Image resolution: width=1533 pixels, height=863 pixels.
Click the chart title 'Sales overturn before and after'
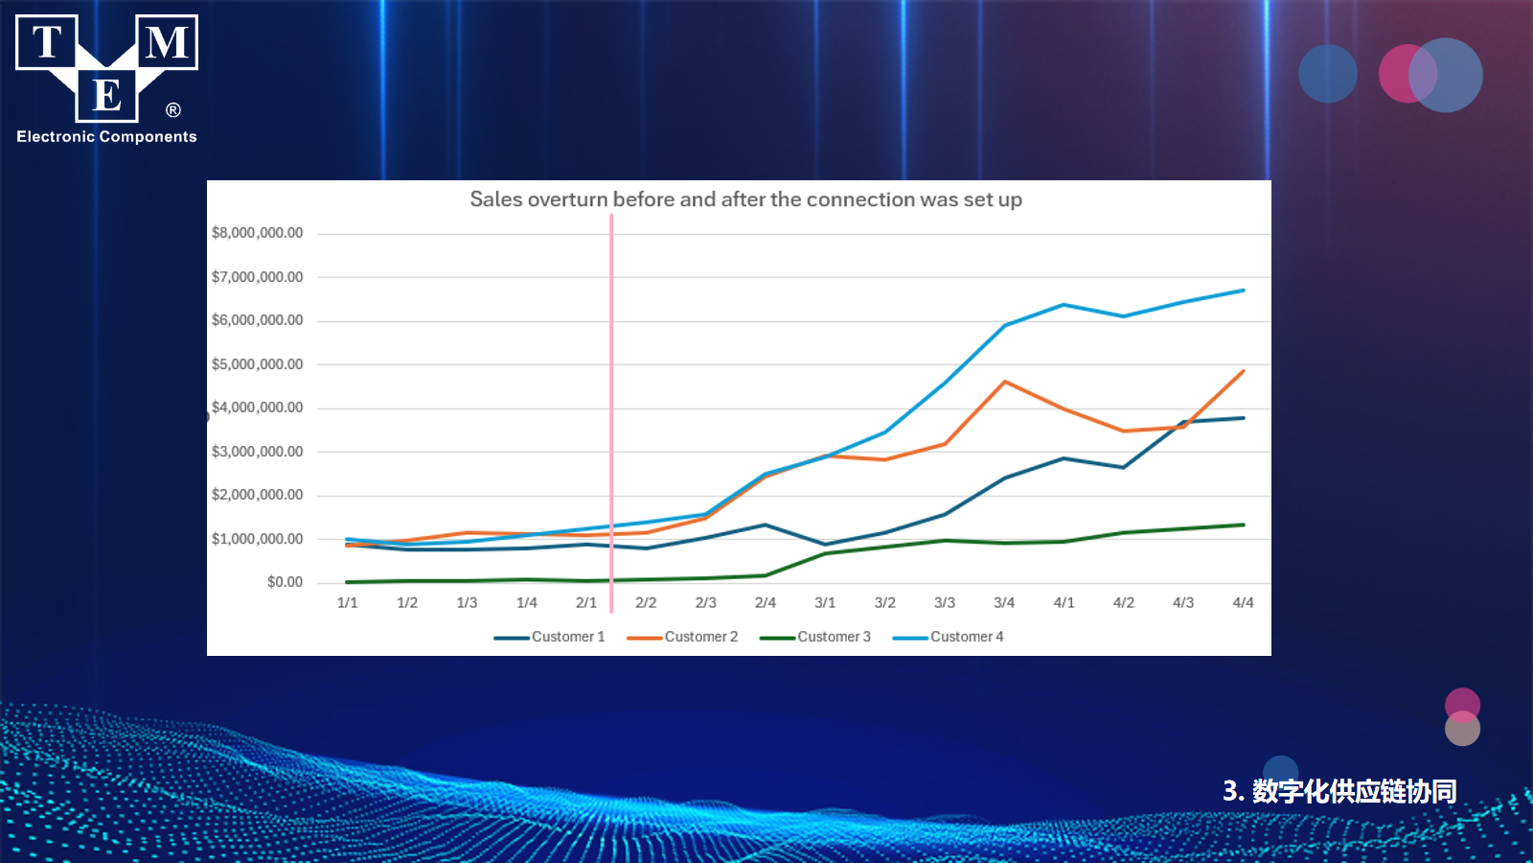click(x=745, y=199)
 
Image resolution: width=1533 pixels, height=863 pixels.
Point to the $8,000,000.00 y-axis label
click(x=257, y=233)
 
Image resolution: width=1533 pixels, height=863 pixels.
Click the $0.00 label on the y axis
click(x=285, y=582)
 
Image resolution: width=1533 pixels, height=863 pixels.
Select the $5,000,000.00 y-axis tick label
click(x=257, y=364)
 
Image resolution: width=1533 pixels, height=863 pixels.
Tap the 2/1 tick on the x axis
click(x=586, y=603)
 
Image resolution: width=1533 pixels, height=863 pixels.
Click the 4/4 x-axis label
click(x=1243, y=603)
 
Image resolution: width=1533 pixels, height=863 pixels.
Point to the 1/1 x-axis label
click(x=347, y=603)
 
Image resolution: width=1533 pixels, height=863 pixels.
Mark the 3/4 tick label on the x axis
click(x=1004, y=603)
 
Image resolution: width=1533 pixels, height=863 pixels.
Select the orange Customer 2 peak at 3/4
click(x=1004, y=382)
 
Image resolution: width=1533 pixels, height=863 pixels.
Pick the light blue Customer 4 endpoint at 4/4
click(x=1243, y=291)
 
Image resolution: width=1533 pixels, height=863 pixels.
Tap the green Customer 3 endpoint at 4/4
click(x=1243, y=525)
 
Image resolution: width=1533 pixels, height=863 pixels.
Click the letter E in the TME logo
click(x=106, y=96)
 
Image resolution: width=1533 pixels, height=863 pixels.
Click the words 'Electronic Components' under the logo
click(x=106, y=137)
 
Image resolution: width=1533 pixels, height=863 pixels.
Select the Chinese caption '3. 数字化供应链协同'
click(x=1339, y=791)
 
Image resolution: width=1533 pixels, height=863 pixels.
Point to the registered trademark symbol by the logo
click(x=173, y=110)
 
